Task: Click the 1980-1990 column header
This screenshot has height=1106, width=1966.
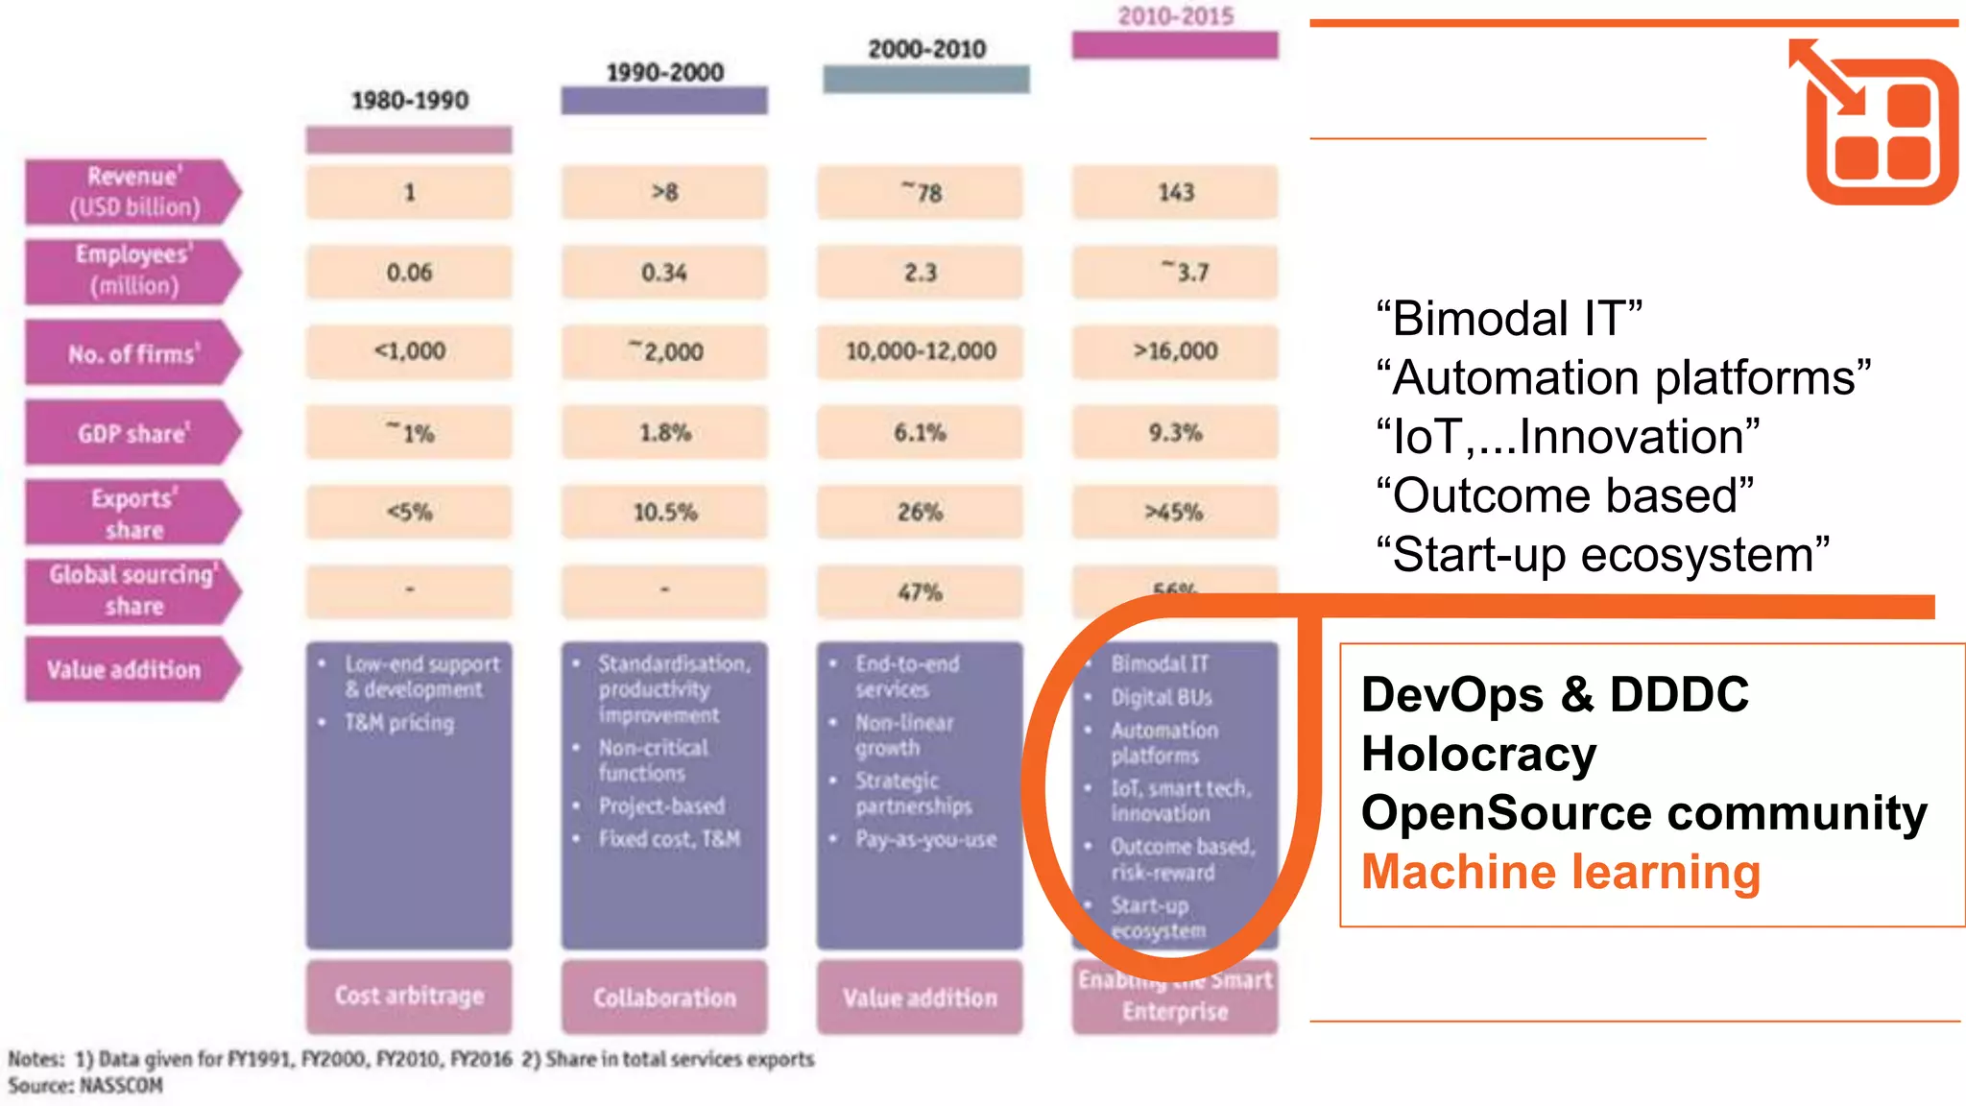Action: point(410,101)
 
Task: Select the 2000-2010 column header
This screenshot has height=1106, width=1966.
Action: point(926,50)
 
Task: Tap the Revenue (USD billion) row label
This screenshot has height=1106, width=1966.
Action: point(133,192)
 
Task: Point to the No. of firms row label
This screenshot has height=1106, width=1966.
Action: point(133,354)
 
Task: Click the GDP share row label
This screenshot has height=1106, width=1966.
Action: point(133,434)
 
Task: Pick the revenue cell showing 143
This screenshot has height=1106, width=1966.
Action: point(1175,193)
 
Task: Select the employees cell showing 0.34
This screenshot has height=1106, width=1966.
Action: point(664,274)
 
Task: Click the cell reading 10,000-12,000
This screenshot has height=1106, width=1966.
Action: point(921,352)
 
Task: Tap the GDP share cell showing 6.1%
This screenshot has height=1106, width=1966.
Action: point(920,433)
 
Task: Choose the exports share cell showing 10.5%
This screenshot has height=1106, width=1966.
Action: point(664,513)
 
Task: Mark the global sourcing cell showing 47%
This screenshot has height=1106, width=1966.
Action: point(920,592)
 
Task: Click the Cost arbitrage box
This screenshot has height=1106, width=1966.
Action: point(409,997)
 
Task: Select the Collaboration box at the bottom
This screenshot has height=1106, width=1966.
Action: point(664,998)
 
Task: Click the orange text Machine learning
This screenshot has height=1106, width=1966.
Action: point(1561,873)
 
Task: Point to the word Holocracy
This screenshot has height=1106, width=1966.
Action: point(1478,755)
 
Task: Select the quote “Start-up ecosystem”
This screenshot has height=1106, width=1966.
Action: point(1602,556)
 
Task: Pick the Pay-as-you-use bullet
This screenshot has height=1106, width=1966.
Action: point(925,840)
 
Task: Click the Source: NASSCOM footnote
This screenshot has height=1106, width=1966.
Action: point(85,1086)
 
